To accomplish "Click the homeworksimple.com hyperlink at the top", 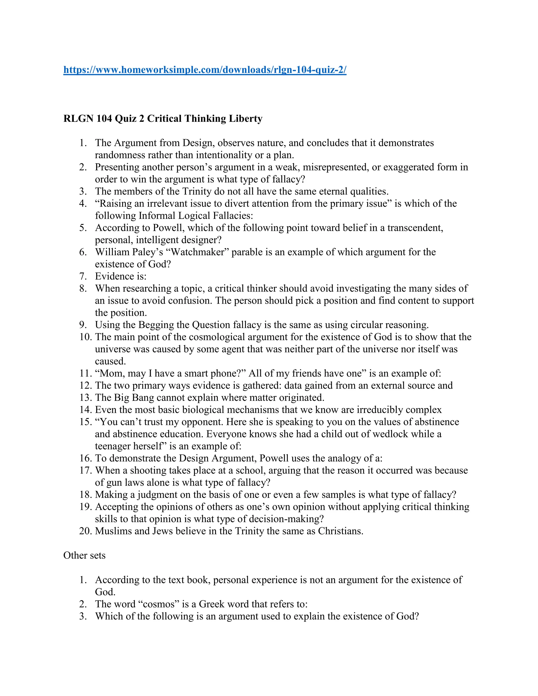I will click(x=205, y=70).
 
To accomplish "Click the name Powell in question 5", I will click(x=169, y=228).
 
